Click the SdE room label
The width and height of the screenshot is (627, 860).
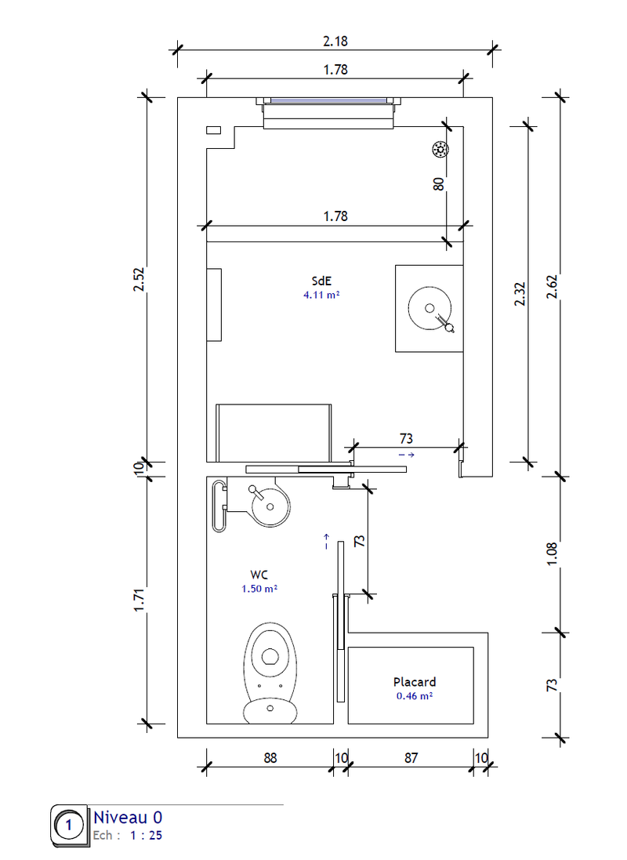321,281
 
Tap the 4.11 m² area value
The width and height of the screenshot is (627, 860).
321,296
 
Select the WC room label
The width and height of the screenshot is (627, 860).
261,574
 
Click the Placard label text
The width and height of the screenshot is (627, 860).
415,682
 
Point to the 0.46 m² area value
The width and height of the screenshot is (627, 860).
415,695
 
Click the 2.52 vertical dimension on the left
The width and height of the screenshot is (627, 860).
140,280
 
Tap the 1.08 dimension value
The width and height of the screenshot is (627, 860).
552,553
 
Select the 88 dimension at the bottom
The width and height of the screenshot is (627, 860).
270,758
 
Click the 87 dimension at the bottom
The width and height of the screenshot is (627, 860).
411,758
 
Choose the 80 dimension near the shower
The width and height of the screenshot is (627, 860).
439,184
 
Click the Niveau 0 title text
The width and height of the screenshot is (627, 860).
128,817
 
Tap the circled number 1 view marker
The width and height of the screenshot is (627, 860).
70,826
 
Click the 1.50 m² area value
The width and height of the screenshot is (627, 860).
261,588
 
